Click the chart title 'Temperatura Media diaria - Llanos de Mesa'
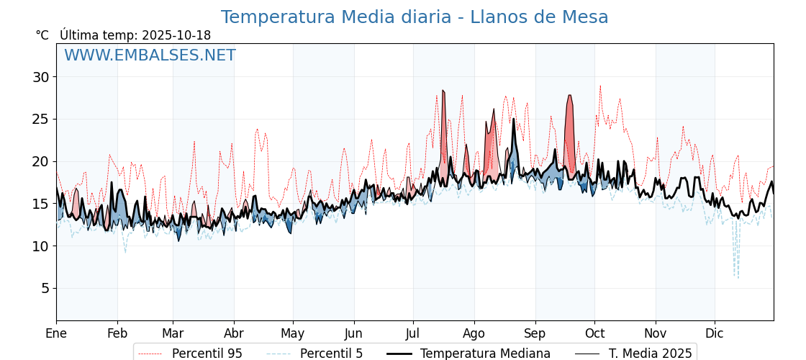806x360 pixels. pos(414,17)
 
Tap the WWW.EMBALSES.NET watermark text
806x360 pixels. pos(150,55)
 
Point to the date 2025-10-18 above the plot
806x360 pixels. pos(176,35)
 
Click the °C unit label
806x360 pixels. pos(42,35)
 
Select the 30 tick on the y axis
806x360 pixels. pos(40,77)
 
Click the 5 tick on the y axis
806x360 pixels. pos(45,288)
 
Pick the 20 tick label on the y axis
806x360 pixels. pos(40,161)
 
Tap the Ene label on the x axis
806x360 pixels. pos(56,333)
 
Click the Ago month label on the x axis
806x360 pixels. pos(474,333)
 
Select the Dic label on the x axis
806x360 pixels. pos(715,333)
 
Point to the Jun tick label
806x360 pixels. pos(353,333)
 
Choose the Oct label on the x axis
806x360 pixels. pos(594,333)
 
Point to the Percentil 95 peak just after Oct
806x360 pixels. pos(600,87)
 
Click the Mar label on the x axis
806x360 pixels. pos(173,333)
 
